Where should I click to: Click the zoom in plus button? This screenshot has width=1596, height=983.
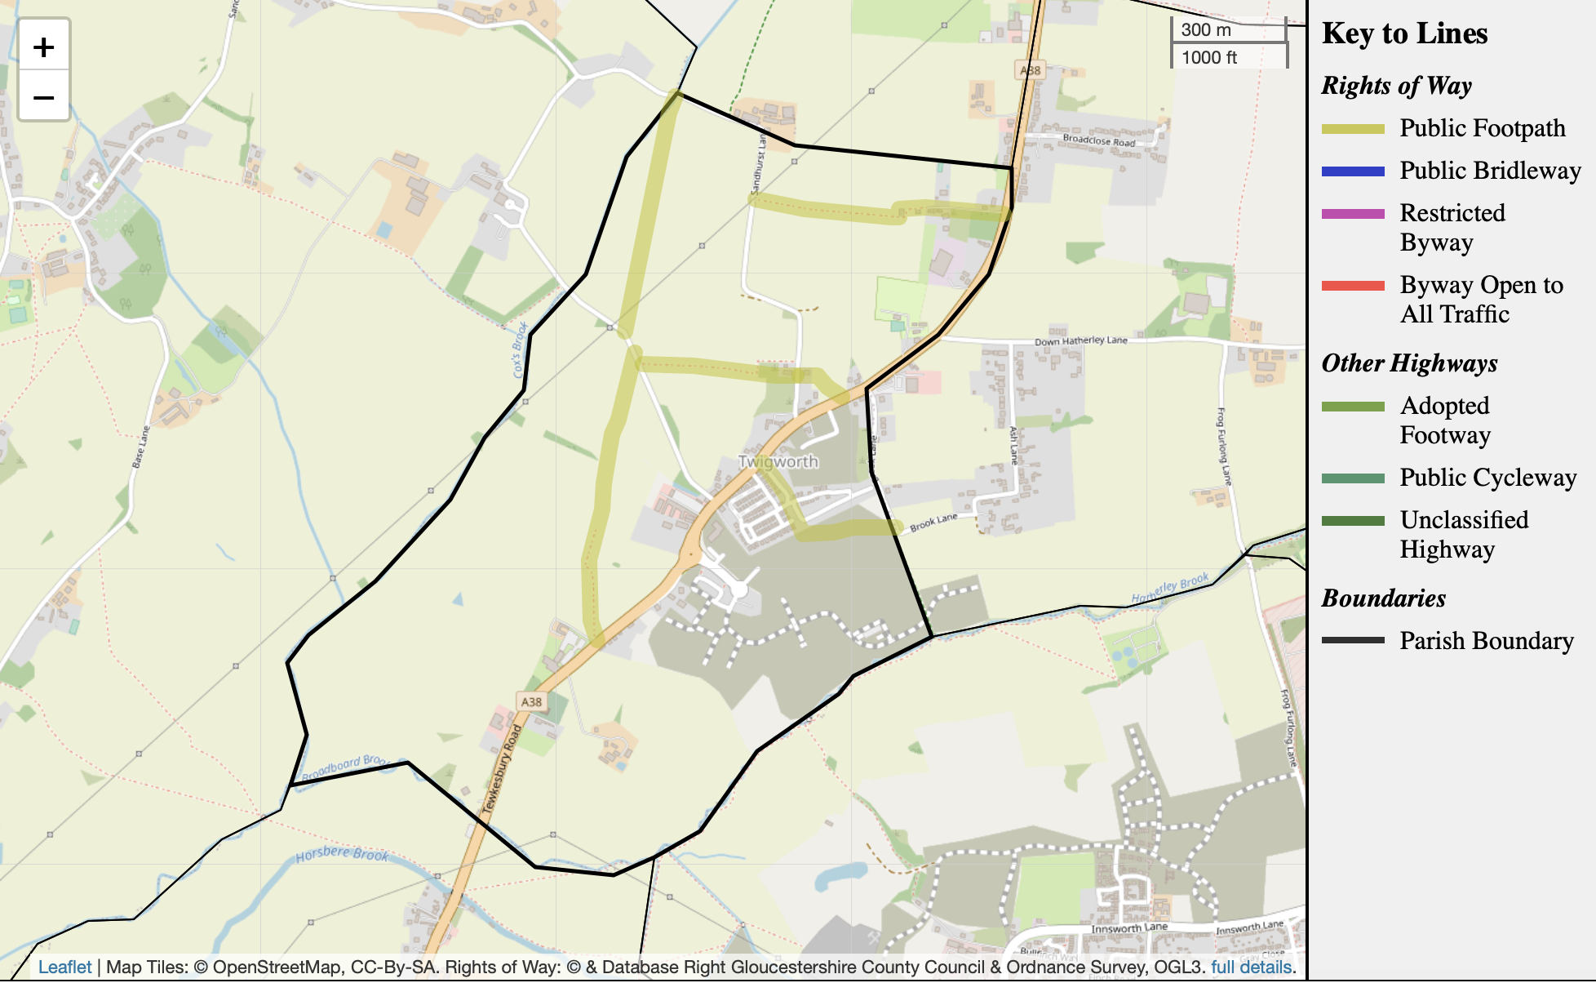pos(44,47)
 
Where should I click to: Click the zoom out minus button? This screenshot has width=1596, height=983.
pos(44,98)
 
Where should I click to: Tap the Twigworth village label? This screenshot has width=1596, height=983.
pos(778,461)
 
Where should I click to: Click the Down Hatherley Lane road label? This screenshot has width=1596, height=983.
pos(1080,340)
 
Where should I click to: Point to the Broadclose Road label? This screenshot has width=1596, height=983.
pos(1098,140)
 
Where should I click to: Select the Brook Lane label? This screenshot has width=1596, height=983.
pos(933,523)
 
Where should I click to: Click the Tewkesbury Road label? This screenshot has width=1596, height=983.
pos(502,769)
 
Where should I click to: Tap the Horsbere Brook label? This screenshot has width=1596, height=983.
pos(342,854)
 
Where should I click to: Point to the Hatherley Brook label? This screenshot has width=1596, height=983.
pos(1169,588)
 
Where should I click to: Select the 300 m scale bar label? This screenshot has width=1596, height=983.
pos(1206,30)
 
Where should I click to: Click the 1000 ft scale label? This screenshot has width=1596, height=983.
pos(1209,57)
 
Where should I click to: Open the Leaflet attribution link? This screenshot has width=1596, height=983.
pos(64,967)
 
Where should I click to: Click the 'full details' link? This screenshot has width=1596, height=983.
pos(1252,967)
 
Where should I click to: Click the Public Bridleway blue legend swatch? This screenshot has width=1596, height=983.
pos(1353,171)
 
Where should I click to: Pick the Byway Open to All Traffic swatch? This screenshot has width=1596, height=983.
pos(1353,286)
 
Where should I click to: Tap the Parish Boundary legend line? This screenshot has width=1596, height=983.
pos(1353,641)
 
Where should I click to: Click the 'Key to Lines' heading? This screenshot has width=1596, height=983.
pos(1404,33)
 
